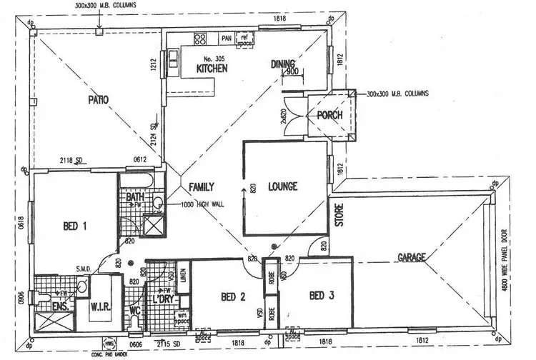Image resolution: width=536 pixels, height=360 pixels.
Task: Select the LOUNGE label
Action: [x=282, y=187]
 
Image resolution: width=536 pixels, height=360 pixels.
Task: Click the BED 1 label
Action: [x=75, y=227]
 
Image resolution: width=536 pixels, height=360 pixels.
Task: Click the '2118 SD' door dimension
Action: [x=74, y=159]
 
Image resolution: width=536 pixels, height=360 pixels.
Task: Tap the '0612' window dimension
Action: [x=140, y=159]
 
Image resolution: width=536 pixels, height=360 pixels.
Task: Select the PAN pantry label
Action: [x=227, y=39]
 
